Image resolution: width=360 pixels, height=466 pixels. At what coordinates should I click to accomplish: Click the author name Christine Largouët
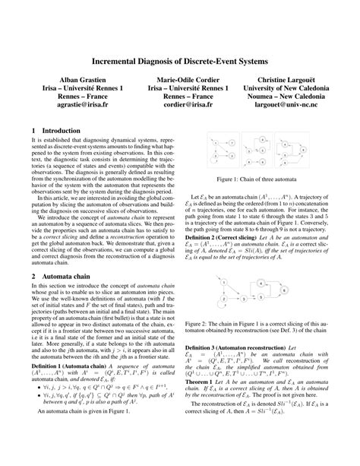[286, 79]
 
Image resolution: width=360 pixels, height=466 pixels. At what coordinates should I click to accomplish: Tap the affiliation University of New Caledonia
[286, 89]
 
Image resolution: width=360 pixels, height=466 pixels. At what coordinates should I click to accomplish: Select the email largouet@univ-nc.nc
[286, 109]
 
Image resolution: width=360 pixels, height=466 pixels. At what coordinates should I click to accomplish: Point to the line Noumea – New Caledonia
[286, 99]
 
